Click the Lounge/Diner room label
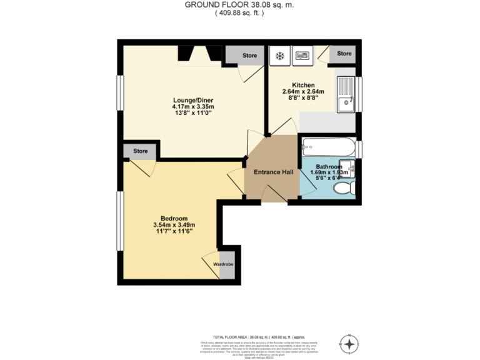(x=191, y=100)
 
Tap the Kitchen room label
(x=303, y=85)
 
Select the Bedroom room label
(x=174, y=218)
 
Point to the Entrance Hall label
(x=273, y=172)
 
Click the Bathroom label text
(x=328, y=167)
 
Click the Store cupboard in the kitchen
(x=344, y=54)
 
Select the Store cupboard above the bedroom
(x=141, y=151)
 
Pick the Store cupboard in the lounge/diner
(x=249, y=56)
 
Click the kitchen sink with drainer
(x=346, y=94)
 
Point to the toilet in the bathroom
(x=344, y=188)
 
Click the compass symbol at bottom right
(x=349, y=342)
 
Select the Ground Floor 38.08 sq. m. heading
(x=239, y=5)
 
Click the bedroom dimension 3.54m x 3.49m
(x=174, y=225)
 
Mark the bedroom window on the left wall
(x=120, y=222)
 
